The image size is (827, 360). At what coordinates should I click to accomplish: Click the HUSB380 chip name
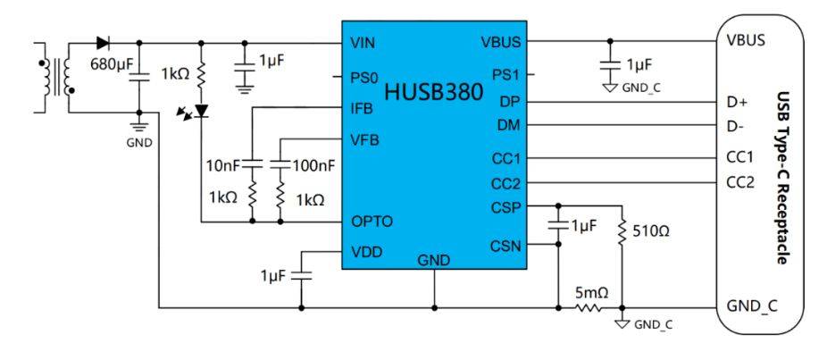pyautogui.click(x=433, y=92)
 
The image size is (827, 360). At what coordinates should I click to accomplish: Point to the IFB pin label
pyautogui.click(x=362, y=108)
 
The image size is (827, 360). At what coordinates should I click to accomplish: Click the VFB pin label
pyautogui.click(x=363, y=139)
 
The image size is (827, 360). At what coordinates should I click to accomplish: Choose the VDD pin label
pyautogui.click(x=366, y=252)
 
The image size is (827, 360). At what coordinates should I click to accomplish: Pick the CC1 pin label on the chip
pyautogui.click(x=505, y=159)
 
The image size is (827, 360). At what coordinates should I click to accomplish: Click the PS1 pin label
pyautogui.click(x=506, y=74)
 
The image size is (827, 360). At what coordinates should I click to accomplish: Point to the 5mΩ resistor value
pyautogui.click(x=591, y=291)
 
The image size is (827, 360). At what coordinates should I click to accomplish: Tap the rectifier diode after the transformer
pyautogui.click(x=103, y=42)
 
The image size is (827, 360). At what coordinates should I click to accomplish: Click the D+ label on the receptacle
pyautogui.click(x=737, y=102)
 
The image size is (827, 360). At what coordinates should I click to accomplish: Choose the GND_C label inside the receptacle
pyautogui.click(x=752, y=306)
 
